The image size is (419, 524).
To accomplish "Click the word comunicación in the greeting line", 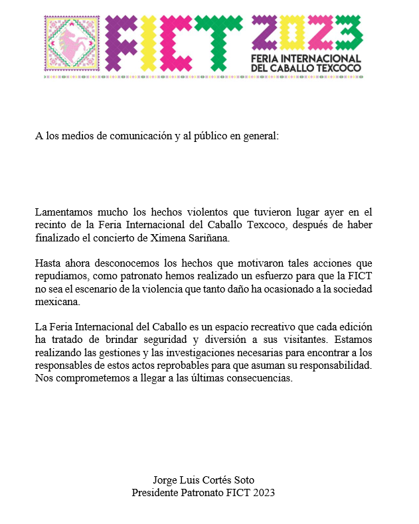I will [x=139, y=136].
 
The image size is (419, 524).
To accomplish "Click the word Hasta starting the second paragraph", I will [x=48, y=264].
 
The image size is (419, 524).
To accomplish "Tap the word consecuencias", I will [x=259, y=378].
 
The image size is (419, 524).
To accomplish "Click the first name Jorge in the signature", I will [x=165, y=480].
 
